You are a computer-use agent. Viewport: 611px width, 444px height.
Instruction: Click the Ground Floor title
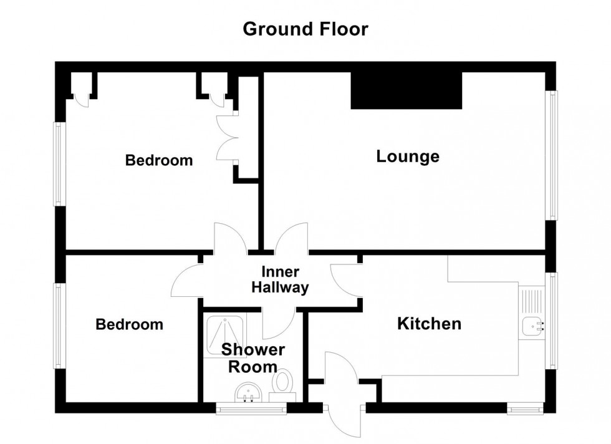[x=305, y=29]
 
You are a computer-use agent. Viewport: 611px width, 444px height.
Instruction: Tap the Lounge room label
[x=408, y=157]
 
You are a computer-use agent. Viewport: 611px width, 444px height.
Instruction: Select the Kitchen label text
[x=430, y=324]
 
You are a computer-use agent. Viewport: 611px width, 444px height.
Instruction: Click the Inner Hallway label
[x=284, y=280]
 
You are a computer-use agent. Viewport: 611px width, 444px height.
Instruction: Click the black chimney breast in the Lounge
[x=406, y=90]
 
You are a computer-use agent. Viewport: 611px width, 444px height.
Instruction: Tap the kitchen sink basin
[x=532, y=324]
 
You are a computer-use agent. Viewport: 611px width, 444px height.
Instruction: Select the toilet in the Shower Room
[x=284, y=382]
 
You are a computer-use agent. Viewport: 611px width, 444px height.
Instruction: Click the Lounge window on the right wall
[x=552, y=155]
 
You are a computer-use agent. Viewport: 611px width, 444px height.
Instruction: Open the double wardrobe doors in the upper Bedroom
[x=226, y=138]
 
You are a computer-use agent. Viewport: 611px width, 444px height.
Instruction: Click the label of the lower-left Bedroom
[x=129, y=324]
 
